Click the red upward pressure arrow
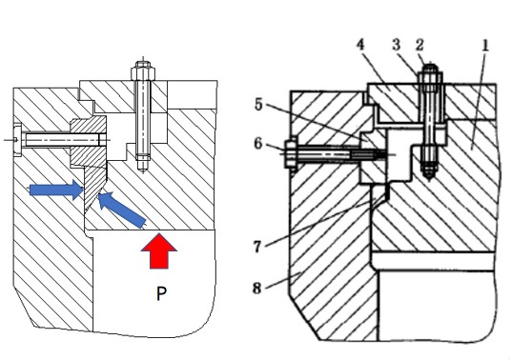coord(159,250)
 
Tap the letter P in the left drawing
coord(161,293)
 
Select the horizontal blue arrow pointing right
coord(56,190)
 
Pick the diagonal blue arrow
coord(122,210)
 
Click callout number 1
coord(485,46)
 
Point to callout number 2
coord(419,45)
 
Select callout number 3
coord(396,45)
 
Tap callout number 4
coord(360,45)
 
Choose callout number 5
coord(258,105)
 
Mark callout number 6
coord(258,143)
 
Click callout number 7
coord(257,247)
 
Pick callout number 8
coord(257,288)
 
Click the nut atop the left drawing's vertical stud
coord(143,72)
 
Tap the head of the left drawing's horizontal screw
coord(16,140)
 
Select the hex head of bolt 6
coord(291,154)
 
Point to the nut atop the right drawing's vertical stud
coord(430,77)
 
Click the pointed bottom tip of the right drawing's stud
coord(430,180)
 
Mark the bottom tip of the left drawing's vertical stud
coord(143,170)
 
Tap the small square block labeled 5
coord(374,156)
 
